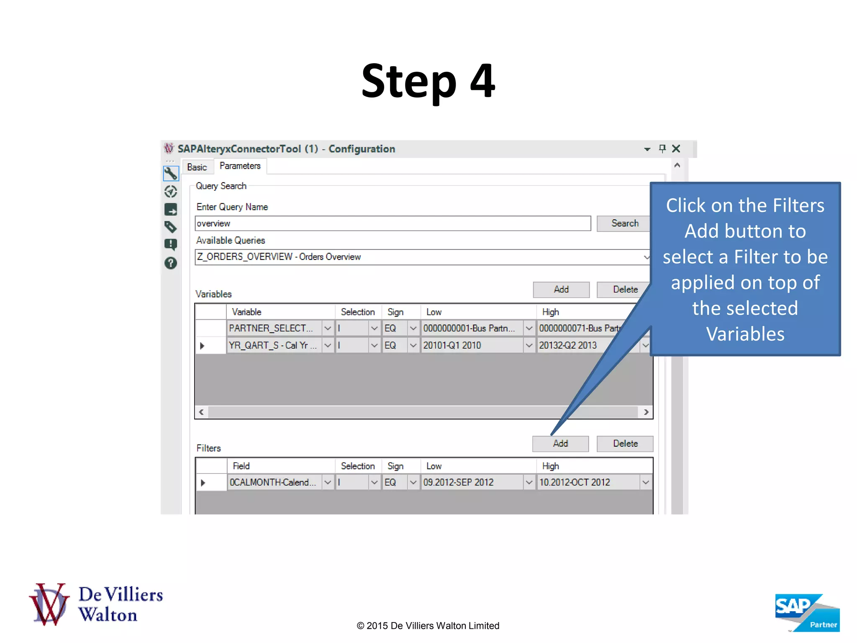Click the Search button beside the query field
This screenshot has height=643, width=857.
pos(624,224)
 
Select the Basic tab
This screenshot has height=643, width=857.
pos(197,167)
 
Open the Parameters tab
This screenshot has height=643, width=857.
pos(240,166)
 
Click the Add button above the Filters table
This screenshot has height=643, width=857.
pos(560,444)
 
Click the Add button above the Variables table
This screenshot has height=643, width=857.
pos(561,290)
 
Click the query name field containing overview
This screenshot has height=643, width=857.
pos(393,224)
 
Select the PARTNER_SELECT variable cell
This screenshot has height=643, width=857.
pos(274,328)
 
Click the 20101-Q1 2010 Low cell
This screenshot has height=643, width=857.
pos(471,345)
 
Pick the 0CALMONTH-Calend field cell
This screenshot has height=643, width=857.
pos(274,482)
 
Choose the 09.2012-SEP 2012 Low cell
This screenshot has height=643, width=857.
pos(471,482)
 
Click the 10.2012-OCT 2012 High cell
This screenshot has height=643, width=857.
pos(588,482)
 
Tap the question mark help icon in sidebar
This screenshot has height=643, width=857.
pos(171,263)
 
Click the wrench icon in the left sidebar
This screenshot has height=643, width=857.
pos(171,173)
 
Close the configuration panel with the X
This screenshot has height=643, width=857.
pos(676,149)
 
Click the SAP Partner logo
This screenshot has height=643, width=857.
pos(807,612)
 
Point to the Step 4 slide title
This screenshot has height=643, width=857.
pos(428,81)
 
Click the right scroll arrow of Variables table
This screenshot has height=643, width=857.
pos(646,412)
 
